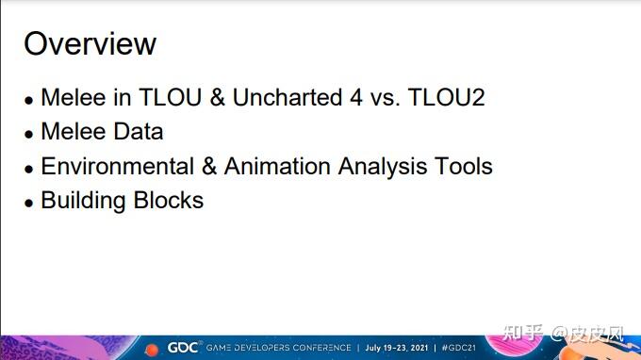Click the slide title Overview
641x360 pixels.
point(90,43)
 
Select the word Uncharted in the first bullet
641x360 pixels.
point(288,97)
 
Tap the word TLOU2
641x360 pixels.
point(447,97)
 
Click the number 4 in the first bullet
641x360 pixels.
point(356,98)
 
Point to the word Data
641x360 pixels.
point(139,132)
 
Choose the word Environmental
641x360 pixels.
point(118,166)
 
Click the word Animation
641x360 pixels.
point(277,166)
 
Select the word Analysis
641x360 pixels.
point(382,167)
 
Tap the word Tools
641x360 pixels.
point(464,166)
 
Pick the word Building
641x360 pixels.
point(83,201)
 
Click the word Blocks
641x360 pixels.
point(169,200)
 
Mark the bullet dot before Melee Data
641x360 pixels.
point(28,134)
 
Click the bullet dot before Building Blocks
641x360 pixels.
point(28,203)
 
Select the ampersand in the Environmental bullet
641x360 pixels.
point(209,167)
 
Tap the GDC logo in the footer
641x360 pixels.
point(183,348)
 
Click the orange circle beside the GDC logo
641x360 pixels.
point(152,350)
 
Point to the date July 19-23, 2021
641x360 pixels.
point(397,348)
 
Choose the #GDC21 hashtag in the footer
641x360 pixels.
point(459,348)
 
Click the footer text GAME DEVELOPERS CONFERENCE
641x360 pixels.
point(278,348)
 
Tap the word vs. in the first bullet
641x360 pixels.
point(386,98)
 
